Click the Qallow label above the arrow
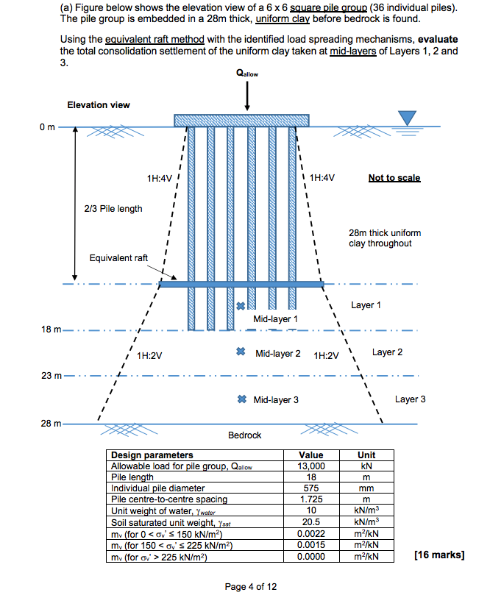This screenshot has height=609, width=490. point(247,74)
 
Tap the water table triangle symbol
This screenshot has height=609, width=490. point(407,118)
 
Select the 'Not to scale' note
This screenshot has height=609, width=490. point(394,178)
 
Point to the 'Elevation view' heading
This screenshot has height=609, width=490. point(99,105)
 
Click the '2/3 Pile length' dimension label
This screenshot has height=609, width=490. point(113,209)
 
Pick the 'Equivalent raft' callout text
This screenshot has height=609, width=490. point(118,258)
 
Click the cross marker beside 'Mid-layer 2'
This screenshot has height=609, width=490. point(241,353)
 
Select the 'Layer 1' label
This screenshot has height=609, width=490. point(366,305)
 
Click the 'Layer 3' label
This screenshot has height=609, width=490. point(410,399)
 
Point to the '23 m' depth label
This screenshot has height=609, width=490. point(51,377)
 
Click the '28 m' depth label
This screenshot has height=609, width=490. point(51,424)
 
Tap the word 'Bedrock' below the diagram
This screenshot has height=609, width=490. point(244,435)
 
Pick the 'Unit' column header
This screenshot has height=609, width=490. point(366,455)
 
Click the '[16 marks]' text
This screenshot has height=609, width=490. point(440,555)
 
